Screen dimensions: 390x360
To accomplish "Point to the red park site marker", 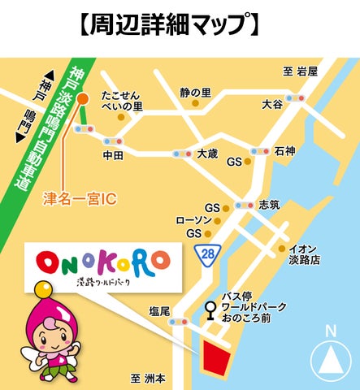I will tap(217, 357).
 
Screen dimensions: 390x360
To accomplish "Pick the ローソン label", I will tap(193, 220).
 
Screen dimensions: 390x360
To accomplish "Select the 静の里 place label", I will tap(195, 93).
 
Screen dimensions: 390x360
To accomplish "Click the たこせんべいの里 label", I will tap(121, 100).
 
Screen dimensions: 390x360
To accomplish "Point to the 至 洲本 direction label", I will tap(148, 379).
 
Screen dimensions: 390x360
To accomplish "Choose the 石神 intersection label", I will tap(284, 151).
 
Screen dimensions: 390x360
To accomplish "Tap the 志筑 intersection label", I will tap(268, 205).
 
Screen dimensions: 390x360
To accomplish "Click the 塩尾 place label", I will tap(159, 311).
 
